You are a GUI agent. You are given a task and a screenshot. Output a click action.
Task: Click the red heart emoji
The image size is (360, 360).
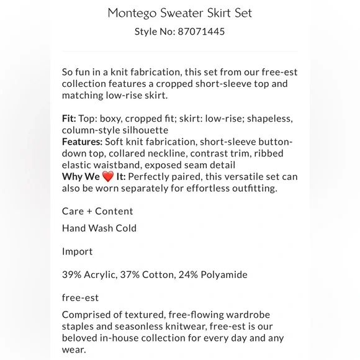click(109, 177)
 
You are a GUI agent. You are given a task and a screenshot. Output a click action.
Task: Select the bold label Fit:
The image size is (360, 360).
click(70, 119)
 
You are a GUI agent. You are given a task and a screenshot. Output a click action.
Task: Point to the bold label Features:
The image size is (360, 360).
click(86, 142)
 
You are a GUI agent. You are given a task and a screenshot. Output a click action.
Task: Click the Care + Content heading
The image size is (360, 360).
click(97, 211)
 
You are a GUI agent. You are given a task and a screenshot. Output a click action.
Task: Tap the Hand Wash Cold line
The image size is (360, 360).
click(99, 228)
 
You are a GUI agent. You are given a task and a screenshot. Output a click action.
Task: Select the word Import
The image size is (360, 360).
click(77, 252)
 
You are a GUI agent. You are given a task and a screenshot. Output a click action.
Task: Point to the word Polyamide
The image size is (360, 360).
click(223, 275)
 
